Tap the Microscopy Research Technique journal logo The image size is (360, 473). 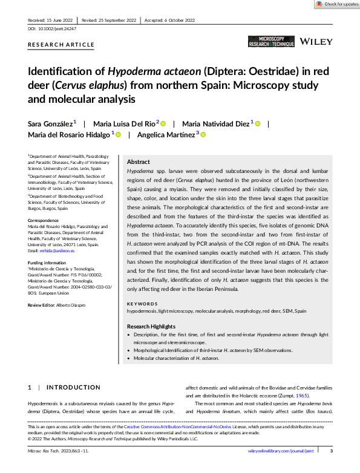271,41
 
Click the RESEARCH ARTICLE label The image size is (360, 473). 61,45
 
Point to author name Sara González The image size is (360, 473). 50,123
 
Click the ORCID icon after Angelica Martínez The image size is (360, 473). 203,135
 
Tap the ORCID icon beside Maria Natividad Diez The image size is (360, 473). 258,124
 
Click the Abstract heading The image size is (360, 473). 138,162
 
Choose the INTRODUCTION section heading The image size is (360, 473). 73,387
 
